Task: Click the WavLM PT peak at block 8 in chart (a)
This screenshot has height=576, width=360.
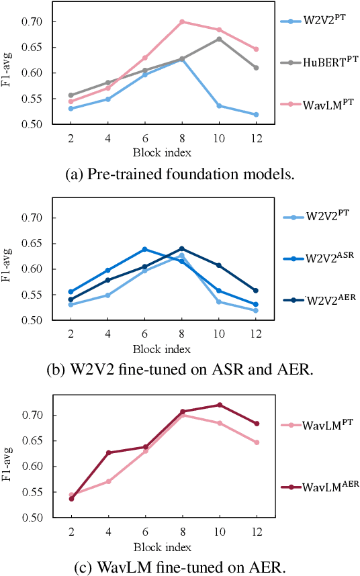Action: [x=181, y=21]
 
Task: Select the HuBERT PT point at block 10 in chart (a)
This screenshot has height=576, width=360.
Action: [x=218, y=39]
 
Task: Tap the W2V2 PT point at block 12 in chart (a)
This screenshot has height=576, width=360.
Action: [x=256, y=115]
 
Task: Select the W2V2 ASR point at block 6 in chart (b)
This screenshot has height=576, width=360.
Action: [x=144, y=249]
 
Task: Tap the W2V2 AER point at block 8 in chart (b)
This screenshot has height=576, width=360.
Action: [x=181, y=248]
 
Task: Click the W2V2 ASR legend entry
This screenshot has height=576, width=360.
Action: [x=318, y=258]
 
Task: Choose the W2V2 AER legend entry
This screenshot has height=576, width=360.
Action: [x=318, y=300]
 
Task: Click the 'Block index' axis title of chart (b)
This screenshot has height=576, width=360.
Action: [x=163, y=349]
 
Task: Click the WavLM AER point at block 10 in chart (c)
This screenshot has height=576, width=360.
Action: [x=218, y=405]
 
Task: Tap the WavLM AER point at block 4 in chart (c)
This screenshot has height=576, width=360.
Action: [x=107, y=452]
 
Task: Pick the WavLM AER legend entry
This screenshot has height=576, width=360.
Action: [x=320, y=487]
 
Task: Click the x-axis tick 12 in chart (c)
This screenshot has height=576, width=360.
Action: [x=256, y=531]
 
